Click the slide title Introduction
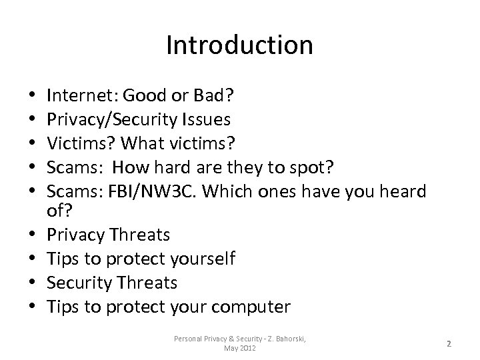pos(239,45)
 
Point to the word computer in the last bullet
pos(251,307)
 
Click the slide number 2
pos(449,343)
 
